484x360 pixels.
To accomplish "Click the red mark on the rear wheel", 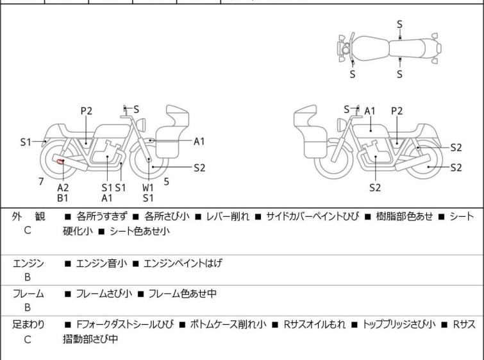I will (x=59, y=161).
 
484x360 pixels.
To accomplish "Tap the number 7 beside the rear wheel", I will (x=41, y=182).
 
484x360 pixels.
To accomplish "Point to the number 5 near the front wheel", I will (x=166, y=182).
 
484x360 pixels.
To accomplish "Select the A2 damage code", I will (x=63, y=187).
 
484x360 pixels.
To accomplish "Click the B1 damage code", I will (x=63, y=198).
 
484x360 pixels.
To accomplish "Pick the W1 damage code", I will (x=148, y=187).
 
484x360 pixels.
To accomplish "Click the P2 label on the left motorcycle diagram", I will (x=87, y=111).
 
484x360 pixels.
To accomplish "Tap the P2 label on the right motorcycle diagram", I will (x=397, y=111).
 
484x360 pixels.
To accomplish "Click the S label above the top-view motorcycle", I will (x=399, y=24).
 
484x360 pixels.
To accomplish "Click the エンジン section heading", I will (x=28, y=263).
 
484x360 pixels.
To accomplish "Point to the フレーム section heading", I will (x=28, y=294).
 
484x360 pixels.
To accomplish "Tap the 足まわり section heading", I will (x=28, y=325).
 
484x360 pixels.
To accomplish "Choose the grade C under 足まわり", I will (x=28, y=339).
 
